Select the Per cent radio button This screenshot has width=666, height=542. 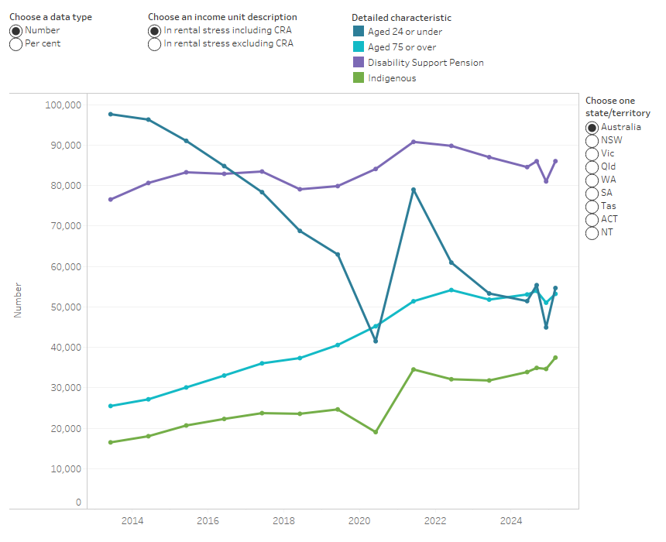(15, 44)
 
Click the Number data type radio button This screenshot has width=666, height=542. (15, 30)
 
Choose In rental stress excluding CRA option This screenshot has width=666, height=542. (154, 44)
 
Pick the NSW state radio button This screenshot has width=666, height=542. (592, 140)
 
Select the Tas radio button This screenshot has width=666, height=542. (592, 206)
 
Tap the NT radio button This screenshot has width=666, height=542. (592, 232)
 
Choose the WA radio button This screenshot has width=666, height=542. (592, 180)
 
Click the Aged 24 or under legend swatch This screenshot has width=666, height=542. (359, 32)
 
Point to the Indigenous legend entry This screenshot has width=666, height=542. (392, 78)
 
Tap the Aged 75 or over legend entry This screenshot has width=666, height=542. (401, 47)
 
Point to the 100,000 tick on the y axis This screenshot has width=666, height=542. (65, 105)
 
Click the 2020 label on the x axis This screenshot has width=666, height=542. (359, 520)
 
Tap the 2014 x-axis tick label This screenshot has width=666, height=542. (131, 520)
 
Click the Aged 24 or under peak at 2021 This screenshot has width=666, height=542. (414, 190)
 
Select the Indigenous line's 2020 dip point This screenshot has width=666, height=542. (376, 432)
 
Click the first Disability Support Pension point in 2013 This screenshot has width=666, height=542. (111, 199)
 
